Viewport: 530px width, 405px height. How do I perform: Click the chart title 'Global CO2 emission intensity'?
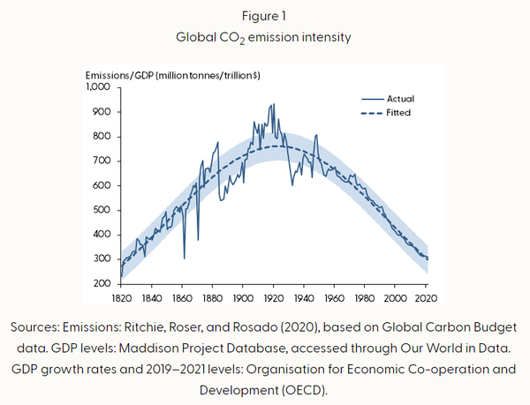point(265,39)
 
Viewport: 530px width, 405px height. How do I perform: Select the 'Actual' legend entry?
point(399,98)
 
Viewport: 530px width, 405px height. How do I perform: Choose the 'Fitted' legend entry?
point(398,113)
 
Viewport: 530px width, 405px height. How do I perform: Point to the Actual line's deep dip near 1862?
point(184,258)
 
